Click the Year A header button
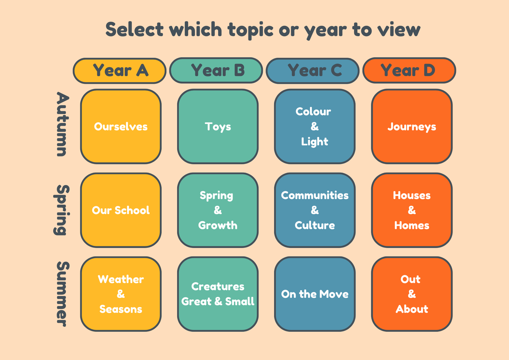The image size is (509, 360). point(119,71)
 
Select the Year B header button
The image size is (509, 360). point(216,70)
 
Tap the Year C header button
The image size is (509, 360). point(313,71)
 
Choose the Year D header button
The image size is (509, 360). point(409,70)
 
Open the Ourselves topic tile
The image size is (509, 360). point(121,126)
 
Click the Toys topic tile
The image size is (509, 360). point(218,126)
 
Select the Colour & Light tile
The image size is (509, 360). point(315,126)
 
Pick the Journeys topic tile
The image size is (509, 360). point(412,126)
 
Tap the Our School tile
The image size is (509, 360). point(121,210)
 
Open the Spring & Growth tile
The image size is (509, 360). point(218,210)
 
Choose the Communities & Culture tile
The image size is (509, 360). point(315,210)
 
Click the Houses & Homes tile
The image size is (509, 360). point(412,210)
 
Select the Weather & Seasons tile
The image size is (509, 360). point(121,294)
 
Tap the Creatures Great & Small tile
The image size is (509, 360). point(218,294)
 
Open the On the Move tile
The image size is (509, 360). point(315,294)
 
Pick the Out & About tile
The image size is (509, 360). point(412,294)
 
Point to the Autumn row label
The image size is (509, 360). point(62,124)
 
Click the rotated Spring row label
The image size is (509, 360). point(61,210)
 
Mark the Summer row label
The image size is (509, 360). point(62,294)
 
